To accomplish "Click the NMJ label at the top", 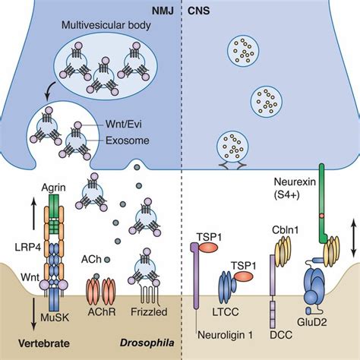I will (x=162, y=11).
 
